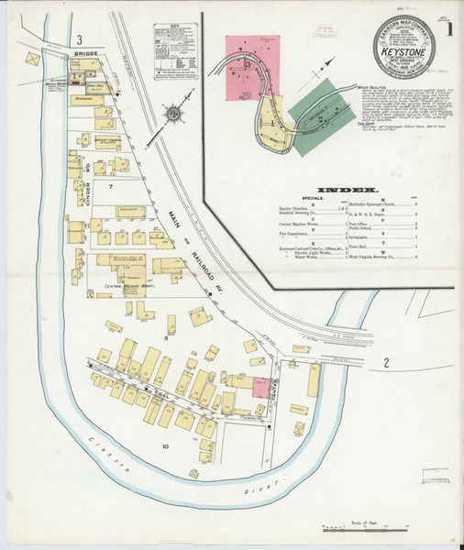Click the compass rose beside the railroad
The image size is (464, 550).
point(173,115)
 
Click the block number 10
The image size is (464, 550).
point(165,446)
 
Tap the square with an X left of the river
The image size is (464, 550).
point(34,59)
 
